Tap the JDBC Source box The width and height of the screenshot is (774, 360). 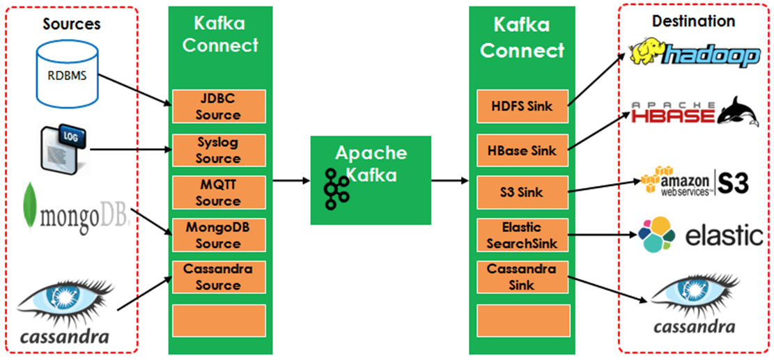[217, 107]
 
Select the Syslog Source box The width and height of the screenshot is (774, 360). [217, 150]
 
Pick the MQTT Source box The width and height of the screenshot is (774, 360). [217, 192]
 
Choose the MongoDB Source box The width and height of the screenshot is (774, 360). [217, 235]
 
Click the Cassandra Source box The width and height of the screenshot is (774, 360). [217, 277]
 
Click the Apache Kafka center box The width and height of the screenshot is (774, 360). [371, 179]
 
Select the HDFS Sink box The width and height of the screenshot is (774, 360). [521, 107]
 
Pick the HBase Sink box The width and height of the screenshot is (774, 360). [521, 150]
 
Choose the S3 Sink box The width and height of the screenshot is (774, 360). [521, 192]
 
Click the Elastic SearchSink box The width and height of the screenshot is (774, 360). [521, 235]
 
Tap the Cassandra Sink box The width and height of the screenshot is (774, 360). [521, 277]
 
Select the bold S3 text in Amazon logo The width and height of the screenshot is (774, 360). [733, 182]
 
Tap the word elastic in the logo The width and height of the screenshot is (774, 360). [724, 236]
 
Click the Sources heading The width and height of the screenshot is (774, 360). [72, 24]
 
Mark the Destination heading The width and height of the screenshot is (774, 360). [693, 22]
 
